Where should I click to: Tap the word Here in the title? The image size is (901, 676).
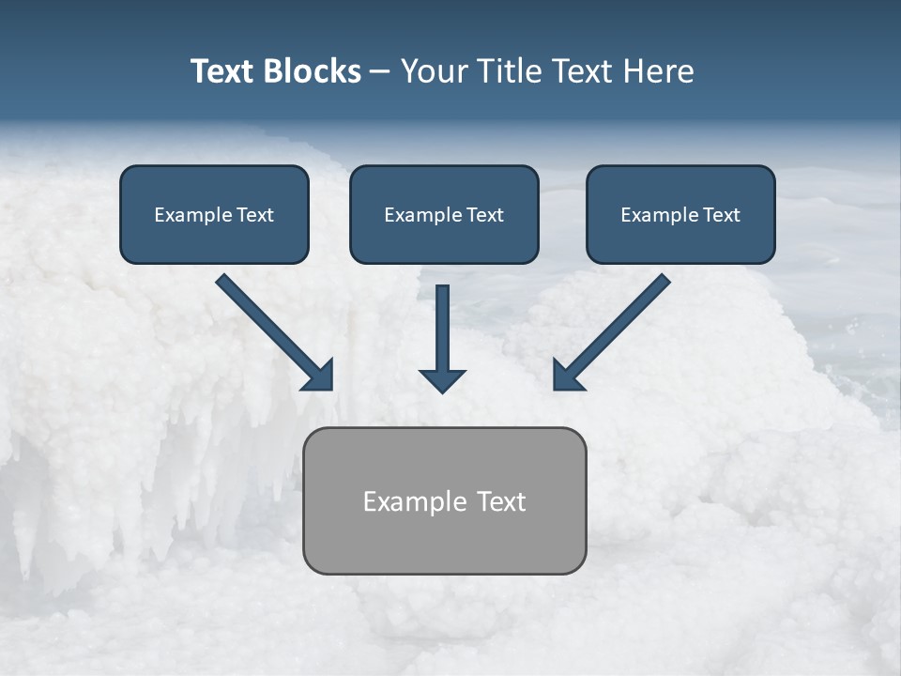(659, 71)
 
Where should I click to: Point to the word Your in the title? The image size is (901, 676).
(433, 71)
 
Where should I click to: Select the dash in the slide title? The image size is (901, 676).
(380, 72)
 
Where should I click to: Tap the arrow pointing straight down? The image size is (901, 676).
(442, 338)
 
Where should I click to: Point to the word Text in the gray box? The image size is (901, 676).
(500, 501)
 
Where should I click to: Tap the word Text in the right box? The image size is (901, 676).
(722, 215)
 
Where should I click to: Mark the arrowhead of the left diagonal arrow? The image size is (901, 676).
(319, 376)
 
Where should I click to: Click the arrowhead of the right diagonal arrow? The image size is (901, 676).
(567, 376)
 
